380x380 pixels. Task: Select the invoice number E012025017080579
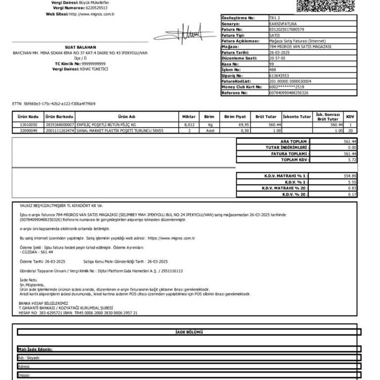286,29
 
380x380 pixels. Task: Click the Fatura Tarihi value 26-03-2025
279,52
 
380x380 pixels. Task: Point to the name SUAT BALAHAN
80,47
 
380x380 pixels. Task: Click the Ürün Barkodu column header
59,117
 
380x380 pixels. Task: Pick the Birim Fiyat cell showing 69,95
240,125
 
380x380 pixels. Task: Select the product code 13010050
28,125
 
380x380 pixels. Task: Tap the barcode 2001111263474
60,131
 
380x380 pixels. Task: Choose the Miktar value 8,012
189,125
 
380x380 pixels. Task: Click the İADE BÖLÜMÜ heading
189,332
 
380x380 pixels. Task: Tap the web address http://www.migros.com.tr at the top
92,14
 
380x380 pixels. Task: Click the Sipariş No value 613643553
280,76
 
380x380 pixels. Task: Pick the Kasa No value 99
272,64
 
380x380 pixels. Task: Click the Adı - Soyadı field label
29,357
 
